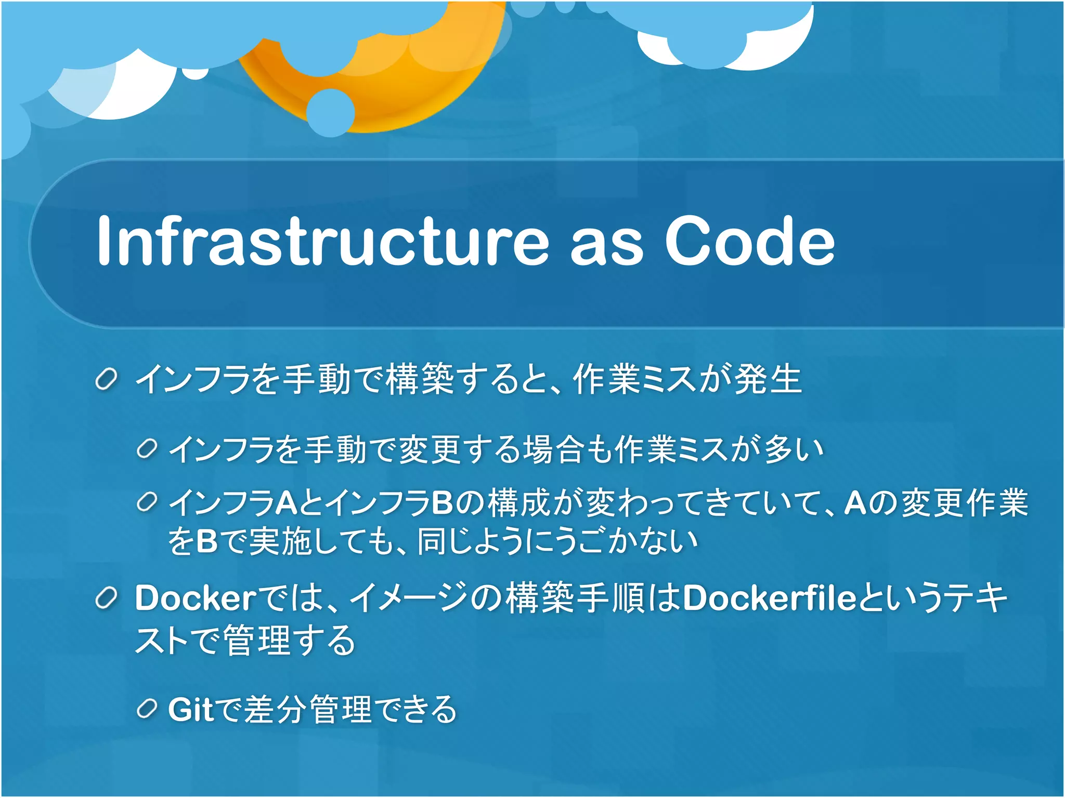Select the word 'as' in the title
[606, 244]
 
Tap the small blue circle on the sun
[330, 113]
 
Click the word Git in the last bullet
[190, 709]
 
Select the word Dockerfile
[769, 598]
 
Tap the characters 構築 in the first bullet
[421, 379]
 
